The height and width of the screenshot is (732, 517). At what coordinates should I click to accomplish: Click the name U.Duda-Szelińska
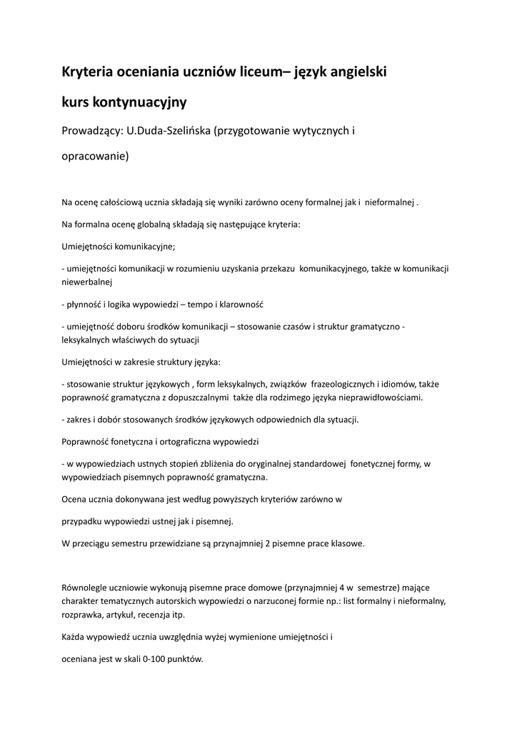(x=168, y=131)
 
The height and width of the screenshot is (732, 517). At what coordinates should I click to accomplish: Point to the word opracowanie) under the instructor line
(x=95, y=157)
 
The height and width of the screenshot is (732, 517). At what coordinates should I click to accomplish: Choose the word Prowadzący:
(x=92, y=131)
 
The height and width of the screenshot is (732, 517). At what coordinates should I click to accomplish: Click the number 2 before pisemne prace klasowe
(x=267, y=543)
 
